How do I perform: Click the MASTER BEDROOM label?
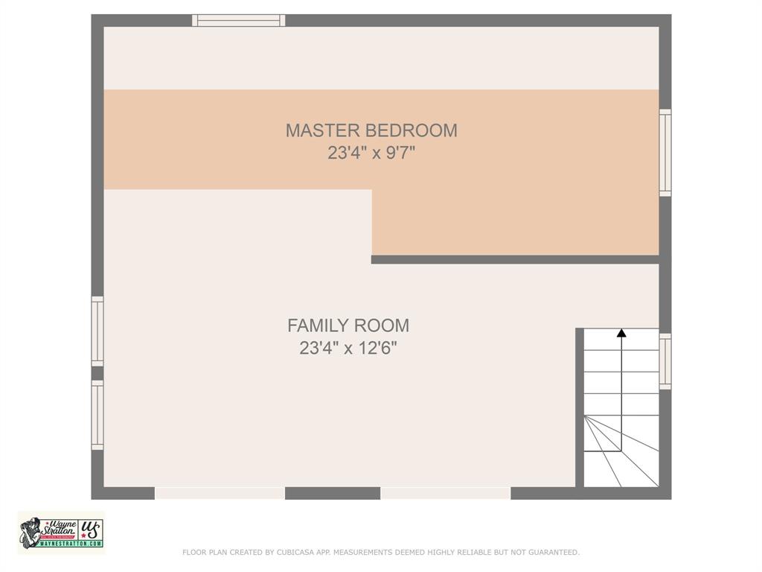(x=371, y=130)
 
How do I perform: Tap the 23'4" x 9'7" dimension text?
(x=371, y=153)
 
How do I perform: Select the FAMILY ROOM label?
(x=348, y=325)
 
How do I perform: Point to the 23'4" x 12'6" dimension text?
(x=348, y=348)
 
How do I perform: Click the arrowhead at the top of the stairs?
(x=621, y=333)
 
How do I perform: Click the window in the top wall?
(x=238, y=20)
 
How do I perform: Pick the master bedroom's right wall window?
(x=665, y=153)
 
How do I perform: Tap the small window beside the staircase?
(x=665, y=361)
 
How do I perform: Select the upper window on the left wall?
(x=97, y=331)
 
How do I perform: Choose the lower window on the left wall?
(x=97, y=415)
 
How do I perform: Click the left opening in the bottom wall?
(x=220, y=493)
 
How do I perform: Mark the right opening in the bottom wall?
(x=446, y=493)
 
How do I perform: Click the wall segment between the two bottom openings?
(x=333, y=493)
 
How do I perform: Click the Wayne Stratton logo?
(x=61, y=533)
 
